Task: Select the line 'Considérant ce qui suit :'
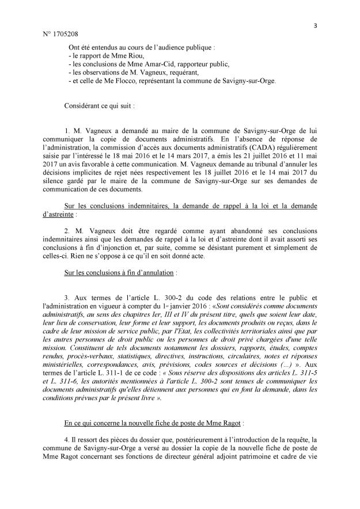click(101, 107)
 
